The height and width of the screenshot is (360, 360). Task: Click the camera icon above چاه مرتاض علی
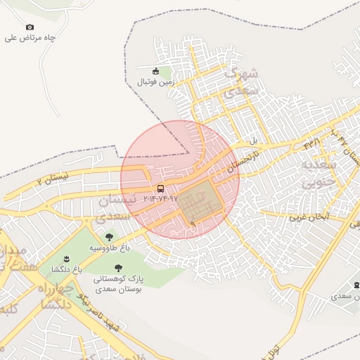[30, 27]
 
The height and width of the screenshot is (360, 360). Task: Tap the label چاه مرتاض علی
[30, 38]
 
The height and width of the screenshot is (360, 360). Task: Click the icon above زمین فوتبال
[155, 71]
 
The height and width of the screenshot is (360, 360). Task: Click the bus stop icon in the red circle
[161, 188]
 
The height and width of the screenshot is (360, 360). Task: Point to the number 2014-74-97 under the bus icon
[161, 199]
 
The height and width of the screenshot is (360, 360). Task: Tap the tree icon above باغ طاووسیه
[108, 238]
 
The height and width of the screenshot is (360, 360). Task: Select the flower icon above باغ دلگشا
[67, 259]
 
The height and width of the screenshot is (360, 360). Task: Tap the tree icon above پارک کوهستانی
[117, 267]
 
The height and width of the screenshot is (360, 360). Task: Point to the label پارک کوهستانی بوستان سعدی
[118, 283]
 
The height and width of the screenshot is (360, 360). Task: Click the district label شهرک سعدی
[240, 82]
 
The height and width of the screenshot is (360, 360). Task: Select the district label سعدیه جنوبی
[320, 174]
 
